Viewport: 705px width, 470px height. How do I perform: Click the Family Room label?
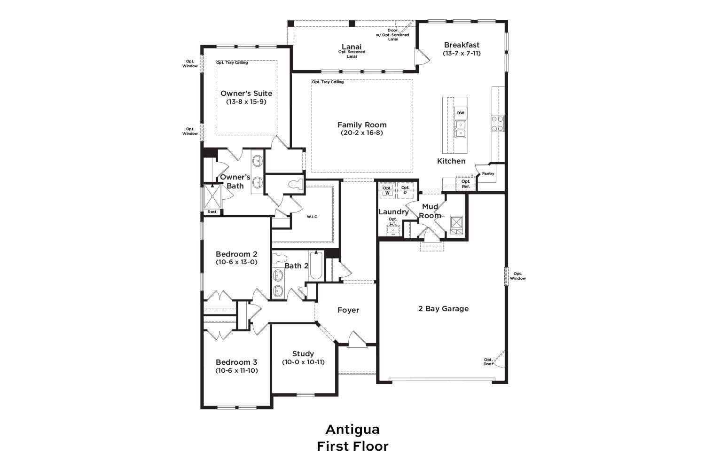coord(362,125)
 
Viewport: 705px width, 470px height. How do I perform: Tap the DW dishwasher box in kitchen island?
coord(461,113)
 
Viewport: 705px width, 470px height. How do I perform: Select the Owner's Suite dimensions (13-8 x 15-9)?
coord(246,102)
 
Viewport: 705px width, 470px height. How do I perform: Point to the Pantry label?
coord(488,173)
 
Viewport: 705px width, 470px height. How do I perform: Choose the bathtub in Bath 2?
coord(316,266)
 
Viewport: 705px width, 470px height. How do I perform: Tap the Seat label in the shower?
coord(212,212)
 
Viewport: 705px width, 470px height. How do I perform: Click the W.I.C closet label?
coord(312,217)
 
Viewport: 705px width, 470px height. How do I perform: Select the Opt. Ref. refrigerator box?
coord(465,183)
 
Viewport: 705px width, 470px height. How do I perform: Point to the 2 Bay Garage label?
coord(443,309)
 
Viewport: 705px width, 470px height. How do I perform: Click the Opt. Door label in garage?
coord(488,362)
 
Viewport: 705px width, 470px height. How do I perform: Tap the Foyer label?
coord(348,310)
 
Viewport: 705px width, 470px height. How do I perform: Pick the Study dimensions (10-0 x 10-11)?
coord(303,362)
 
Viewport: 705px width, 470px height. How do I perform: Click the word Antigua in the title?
coord(352,430)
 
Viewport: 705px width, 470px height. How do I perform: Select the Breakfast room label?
coord(462,45)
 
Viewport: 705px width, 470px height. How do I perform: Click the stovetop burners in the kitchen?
coord(498,124)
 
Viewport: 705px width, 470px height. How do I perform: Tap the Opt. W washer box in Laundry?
coord(387,190)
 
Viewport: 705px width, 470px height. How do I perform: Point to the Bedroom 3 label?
coord(236,362)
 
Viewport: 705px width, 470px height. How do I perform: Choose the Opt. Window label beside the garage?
coord(518,276)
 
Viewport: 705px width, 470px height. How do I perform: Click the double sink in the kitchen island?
coord(461,129)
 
